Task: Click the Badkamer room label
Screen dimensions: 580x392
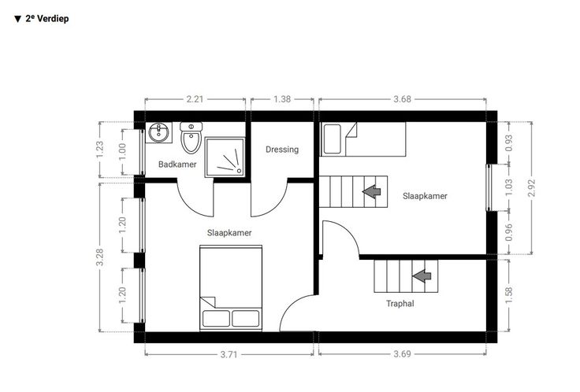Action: tap(177, 165)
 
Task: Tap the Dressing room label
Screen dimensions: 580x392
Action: tap(282, 150)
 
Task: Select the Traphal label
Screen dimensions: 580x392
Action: tap(400, 304)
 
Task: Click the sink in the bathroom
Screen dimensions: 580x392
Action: tap(160, 133)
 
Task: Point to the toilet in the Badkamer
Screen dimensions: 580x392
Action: tap(191, 138)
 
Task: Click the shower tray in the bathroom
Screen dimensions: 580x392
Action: tap(225, 157)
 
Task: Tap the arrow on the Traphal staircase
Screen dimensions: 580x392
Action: tap(422, 276)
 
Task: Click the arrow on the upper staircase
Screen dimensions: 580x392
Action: tap(371, 191)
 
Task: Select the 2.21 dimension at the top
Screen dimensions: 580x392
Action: tap(195, 99)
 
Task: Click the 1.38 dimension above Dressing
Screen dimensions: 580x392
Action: tap(282, 99)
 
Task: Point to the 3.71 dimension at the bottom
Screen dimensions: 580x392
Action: tap(229, 355)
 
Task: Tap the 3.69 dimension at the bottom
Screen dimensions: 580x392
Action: tap(402, 354)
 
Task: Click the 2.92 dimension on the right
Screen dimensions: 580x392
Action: tap(532, 188)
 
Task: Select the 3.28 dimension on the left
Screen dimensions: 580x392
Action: tap(99, 257)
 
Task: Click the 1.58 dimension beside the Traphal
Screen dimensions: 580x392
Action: tap(508, 296)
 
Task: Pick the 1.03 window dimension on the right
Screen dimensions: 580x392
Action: tap(509, 187)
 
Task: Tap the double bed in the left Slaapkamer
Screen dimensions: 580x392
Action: tap(231, 288)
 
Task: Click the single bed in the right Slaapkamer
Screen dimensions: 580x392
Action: tap(363, 139)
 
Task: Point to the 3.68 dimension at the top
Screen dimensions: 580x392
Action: tap(402, 99)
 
